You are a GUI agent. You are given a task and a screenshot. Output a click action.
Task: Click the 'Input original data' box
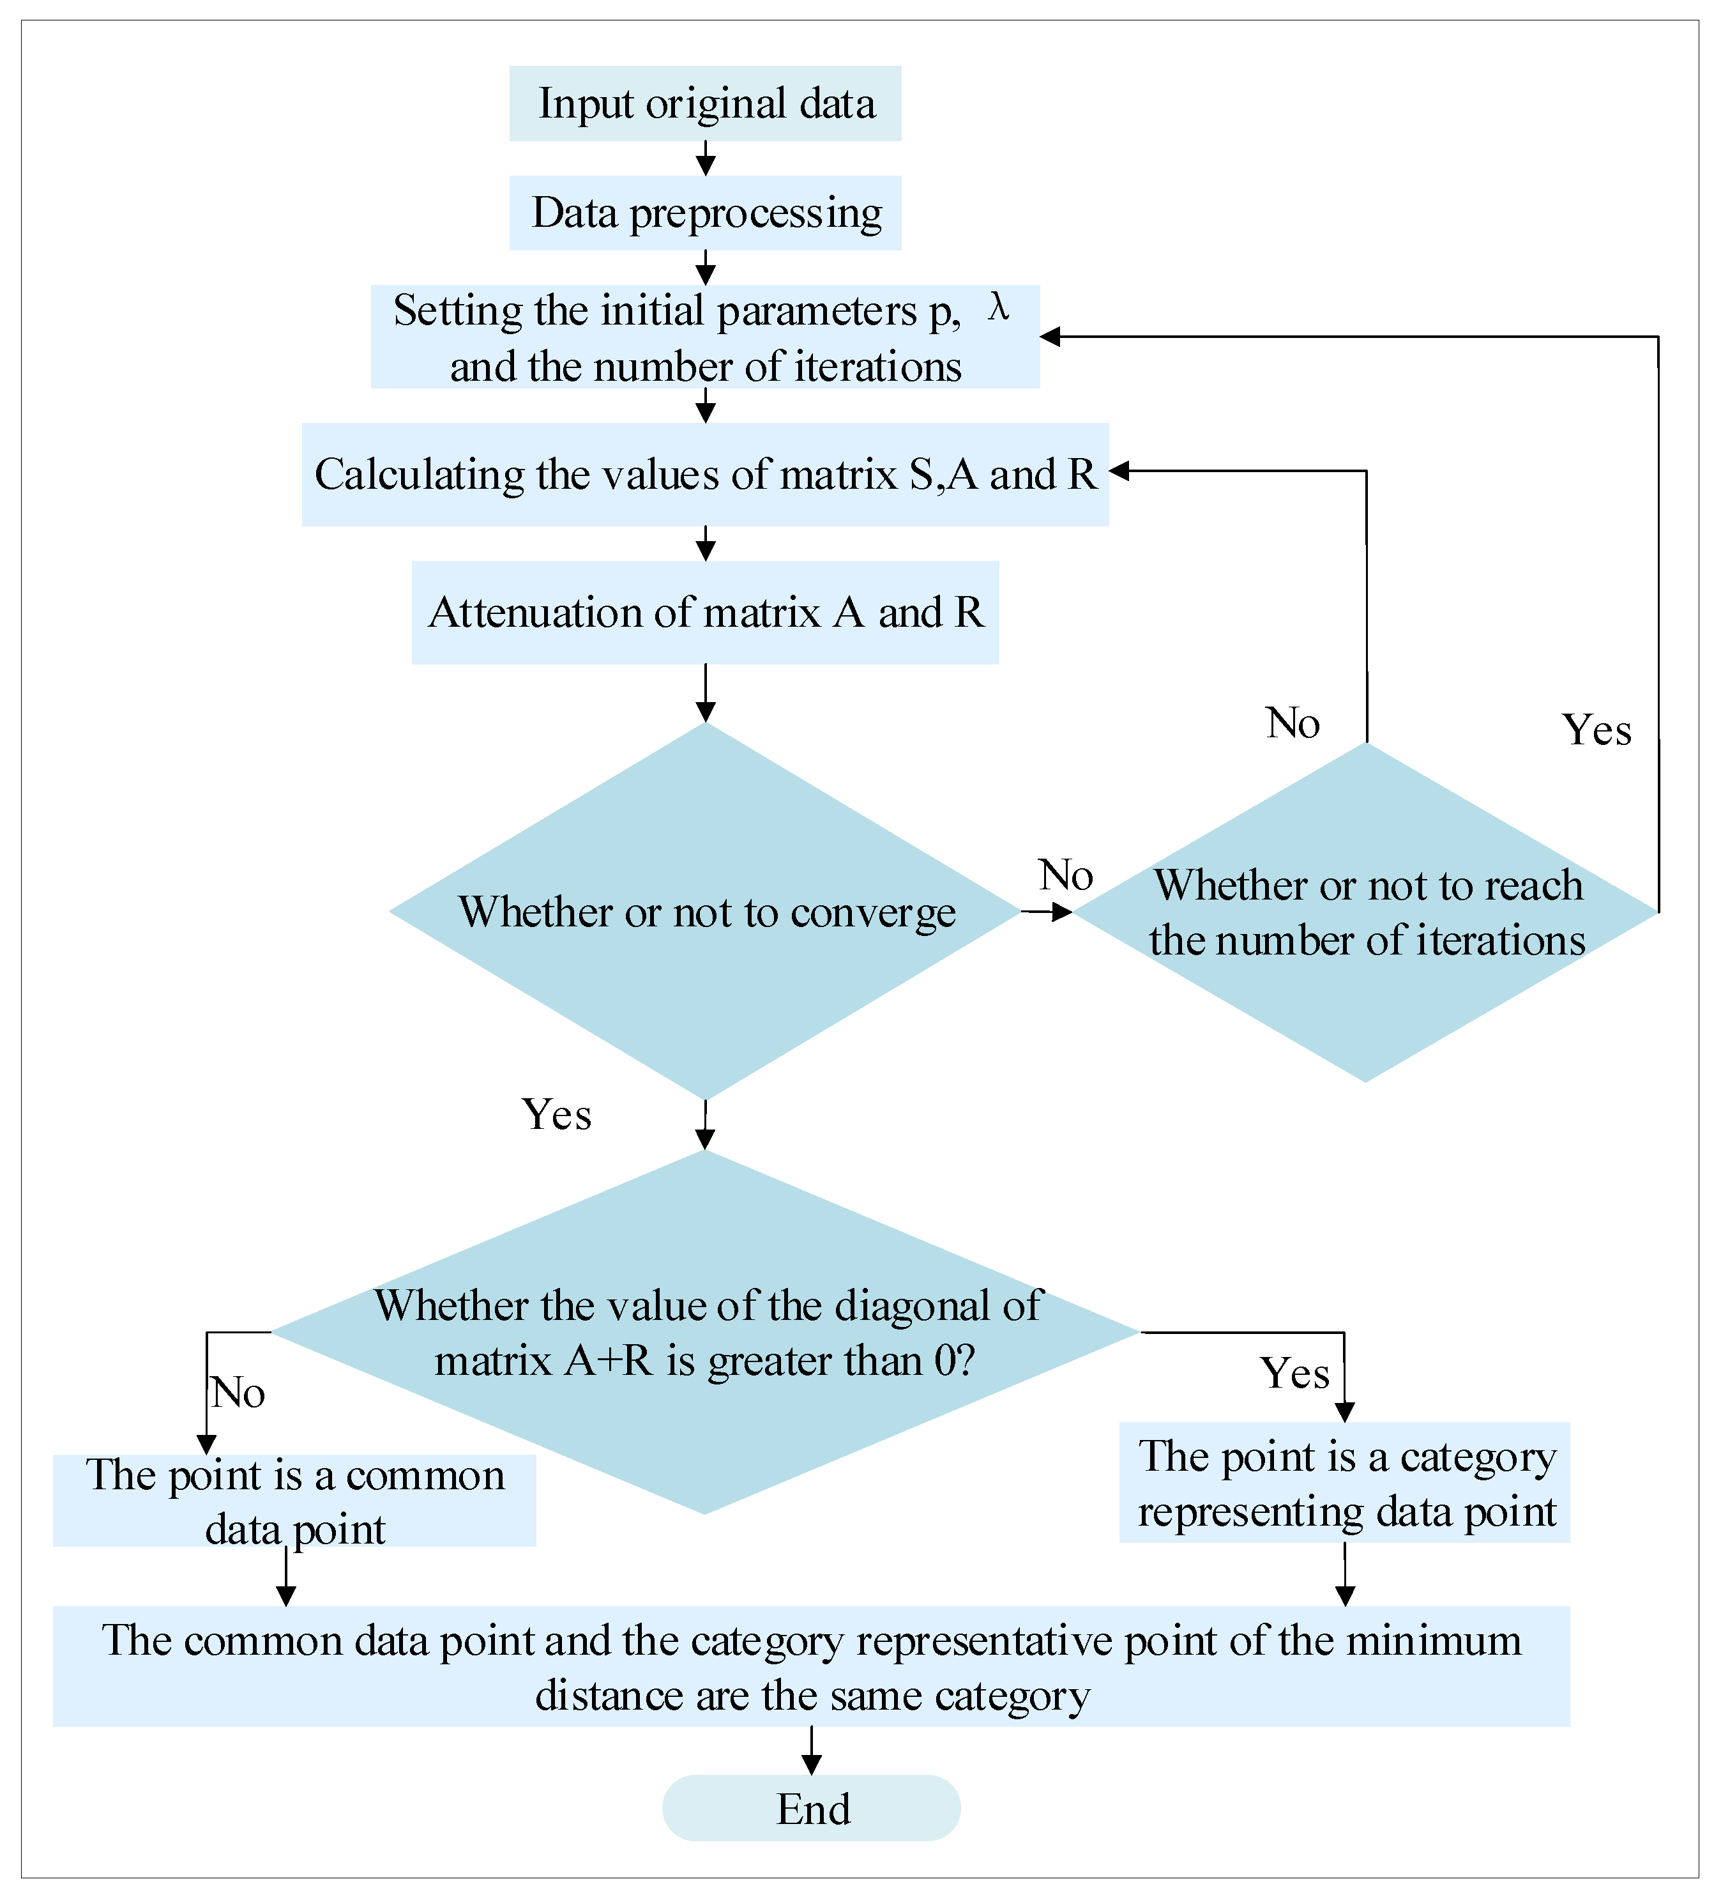click(x=705, y=103)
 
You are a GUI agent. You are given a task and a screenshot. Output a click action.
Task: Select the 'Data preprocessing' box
click(x=705, y=213)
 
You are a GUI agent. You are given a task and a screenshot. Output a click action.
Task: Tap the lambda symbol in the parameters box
click(x=999, y=308)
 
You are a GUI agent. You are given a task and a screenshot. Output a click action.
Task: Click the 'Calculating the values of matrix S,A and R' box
click(x=705, y=474)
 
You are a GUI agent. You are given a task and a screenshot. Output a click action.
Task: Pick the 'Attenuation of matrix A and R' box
click(x=705, y=612)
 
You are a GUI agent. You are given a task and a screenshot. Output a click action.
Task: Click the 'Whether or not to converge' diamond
click(x=705, y=911)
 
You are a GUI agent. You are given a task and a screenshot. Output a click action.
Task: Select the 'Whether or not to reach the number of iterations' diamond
click(x=1366, y=912)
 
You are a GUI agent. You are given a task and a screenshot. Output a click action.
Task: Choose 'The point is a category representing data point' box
click(x=1344, y=1483)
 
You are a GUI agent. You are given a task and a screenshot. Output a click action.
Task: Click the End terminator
click(x=811, y=1809)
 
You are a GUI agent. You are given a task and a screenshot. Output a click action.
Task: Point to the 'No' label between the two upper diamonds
click(x=1065, y=875)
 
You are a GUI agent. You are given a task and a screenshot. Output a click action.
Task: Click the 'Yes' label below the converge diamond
click(x=557, y=1115)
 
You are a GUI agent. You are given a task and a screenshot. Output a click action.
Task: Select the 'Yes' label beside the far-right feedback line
click(x=1596, y=730)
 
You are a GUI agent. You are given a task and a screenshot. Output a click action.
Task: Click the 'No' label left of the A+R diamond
click(x=238, y=1393)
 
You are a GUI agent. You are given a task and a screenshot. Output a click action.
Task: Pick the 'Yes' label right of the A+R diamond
click(x=1294, y=1374)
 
